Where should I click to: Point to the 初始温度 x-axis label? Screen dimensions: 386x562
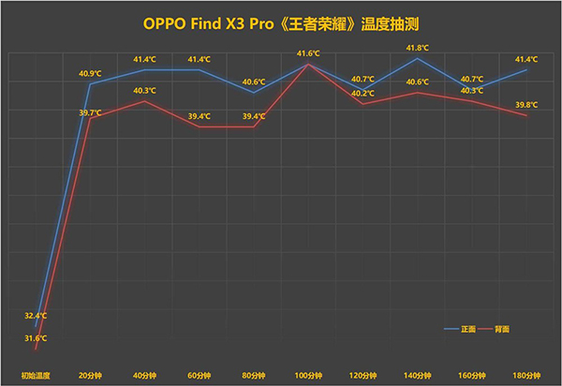click(x=35, y=375)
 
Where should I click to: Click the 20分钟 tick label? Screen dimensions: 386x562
click(x=90, y=375)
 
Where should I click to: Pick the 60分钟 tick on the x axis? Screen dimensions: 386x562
click(x=199, y=375)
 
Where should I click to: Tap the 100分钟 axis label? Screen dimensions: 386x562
click(x=308, y=375)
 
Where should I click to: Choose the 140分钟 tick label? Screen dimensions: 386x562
click(x=418, y=375)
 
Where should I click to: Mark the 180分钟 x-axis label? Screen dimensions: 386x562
click(x=526, y=375)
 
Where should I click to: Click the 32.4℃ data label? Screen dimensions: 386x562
click(x=36, y=315)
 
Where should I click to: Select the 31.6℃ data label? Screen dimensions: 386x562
click(x=36, y=337)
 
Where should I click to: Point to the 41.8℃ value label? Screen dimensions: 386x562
click(x=418, y=47)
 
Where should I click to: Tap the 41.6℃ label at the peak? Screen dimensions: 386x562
click(x=308, y=53)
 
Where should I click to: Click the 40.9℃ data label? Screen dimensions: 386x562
click(x=90, y=72)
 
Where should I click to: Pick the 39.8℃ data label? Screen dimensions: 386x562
click(x=526, y=105)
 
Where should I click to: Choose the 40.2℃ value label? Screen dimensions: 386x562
click(x=362, y=93)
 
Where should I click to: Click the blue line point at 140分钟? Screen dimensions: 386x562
click(x=418, y=58)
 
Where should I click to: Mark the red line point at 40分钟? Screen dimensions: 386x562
click(x=144, y=100)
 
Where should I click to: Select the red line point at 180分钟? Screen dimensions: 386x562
click(x=527, y=115)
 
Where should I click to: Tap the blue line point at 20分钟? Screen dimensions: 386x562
click(x=90, y=83)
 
